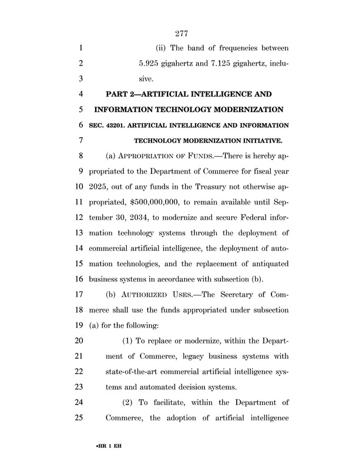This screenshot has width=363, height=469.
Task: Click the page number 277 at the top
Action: (181, 33)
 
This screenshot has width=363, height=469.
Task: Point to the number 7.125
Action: (221, 63)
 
